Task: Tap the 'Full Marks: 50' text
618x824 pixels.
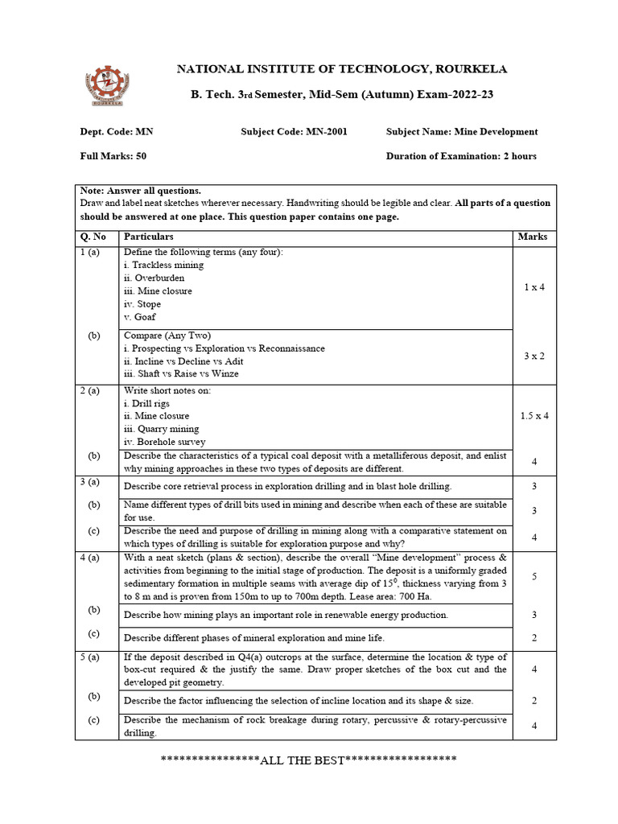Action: (x=113, y=156)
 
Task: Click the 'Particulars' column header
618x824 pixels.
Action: (x=148, y=237)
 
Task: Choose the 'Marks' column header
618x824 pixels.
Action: (x=533, y=237)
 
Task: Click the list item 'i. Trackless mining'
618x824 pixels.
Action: (x=163, y=265)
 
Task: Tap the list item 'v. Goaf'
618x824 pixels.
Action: (x=139, y=317)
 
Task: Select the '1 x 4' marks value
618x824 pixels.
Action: (x=533, y=287)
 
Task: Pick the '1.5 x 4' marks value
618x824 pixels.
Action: (x=534, y=416)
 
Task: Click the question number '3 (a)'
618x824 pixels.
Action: (x=89, y=482)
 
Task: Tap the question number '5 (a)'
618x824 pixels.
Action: (x=89, y=657)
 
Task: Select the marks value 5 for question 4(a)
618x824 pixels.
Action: (x=534, y=576)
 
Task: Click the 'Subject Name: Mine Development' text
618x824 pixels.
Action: (x=462, y=132)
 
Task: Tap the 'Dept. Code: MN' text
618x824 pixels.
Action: (x=116, y=132)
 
